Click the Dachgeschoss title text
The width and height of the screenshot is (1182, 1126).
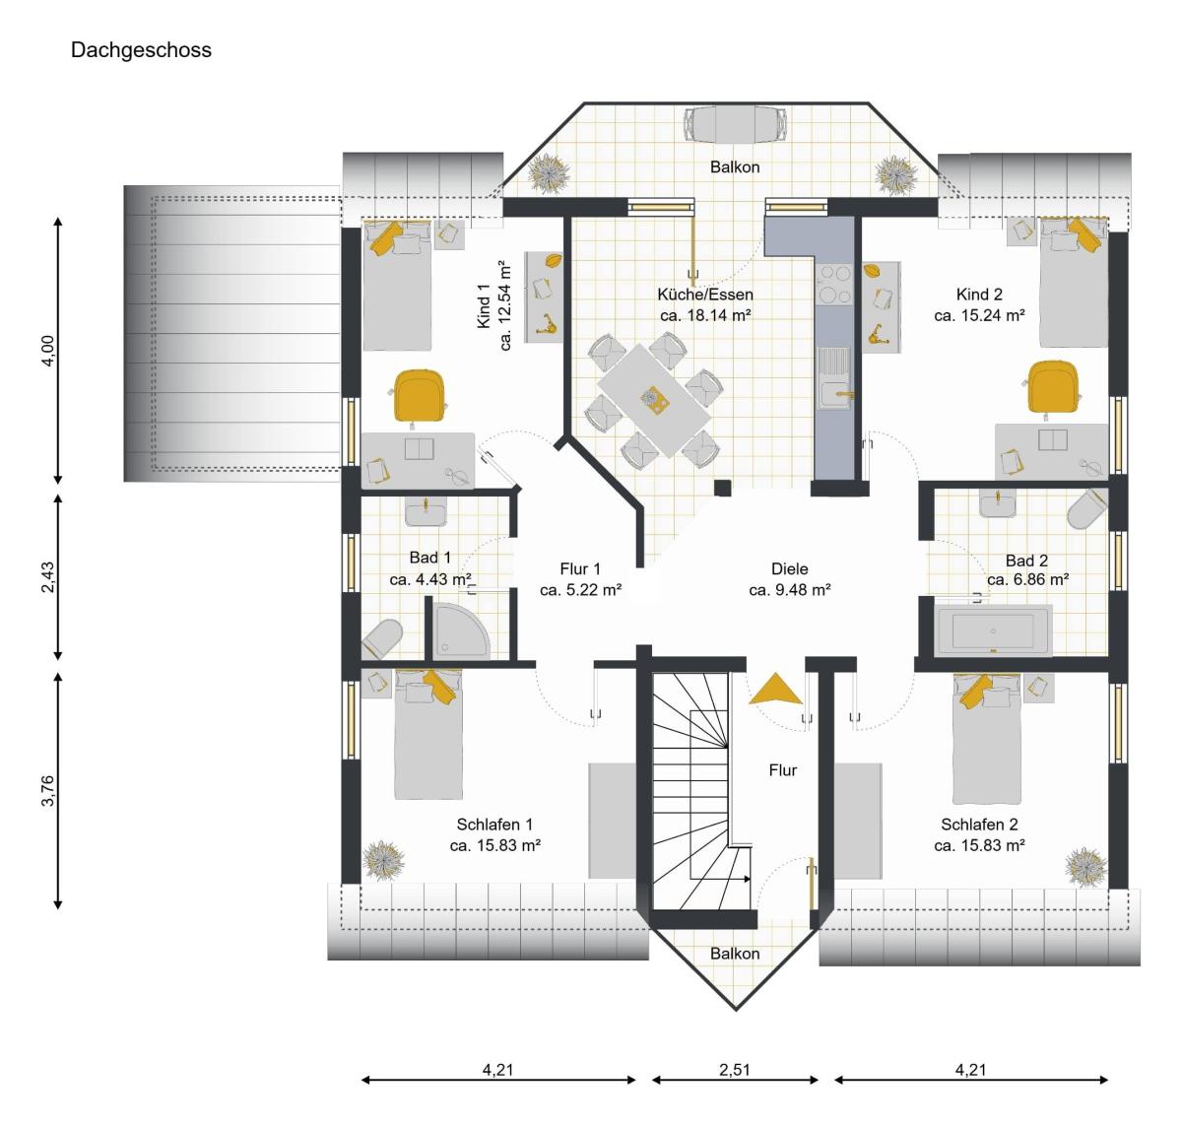[141, 50]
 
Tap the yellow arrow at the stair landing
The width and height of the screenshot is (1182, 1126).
[775, 690]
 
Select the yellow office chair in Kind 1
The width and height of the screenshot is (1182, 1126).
[420, 396]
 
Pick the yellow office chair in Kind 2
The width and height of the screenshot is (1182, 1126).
[1053, 387]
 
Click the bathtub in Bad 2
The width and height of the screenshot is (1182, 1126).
[994, 630]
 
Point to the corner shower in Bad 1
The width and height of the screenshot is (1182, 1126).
[461, 630]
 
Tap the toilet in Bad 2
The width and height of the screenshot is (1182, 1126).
[1087, 508]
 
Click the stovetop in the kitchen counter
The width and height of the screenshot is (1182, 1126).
[835, 285]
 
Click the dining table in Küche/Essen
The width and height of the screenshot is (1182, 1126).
[654, 400]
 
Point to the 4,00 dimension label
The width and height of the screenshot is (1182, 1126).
[48, 350]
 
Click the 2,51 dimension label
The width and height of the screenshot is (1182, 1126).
[734, 1070]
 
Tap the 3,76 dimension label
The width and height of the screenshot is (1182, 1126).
[47, 790]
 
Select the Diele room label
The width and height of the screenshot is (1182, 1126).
[789, 568]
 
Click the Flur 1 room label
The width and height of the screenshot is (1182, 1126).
[579, 568]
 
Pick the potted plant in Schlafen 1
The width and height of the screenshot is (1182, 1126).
[383, 861]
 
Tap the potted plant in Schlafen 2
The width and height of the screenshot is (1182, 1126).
[1085, 867]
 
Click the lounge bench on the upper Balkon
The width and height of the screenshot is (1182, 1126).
[735, 124]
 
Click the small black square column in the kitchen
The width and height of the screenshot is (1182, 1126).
[723, 488]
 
